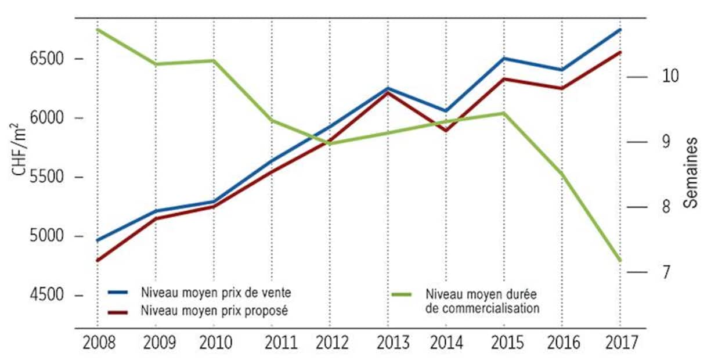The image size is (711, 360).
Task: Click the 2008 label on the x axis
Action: pyautogui.click(x=99, y=343)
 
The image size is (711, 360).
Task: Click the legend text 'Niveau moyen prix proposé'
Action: pyautogui.click(x=214, y=311)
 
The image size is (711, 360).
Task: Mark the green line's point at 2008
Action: pyautogui.click(x=98, y=30)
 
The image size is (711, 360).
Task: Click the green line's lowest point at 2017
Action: pyautogui.click(x=620, y=260)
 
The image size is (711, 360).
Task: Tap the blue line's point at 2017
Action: pyautogui.click(x=620, y=30)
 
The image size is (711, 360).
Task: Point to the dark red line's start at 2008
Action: pyautogui.click(x=98, y=260)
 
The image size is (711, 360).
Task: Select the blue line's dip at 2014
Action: pyautogui.click(x=446, y=110)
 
